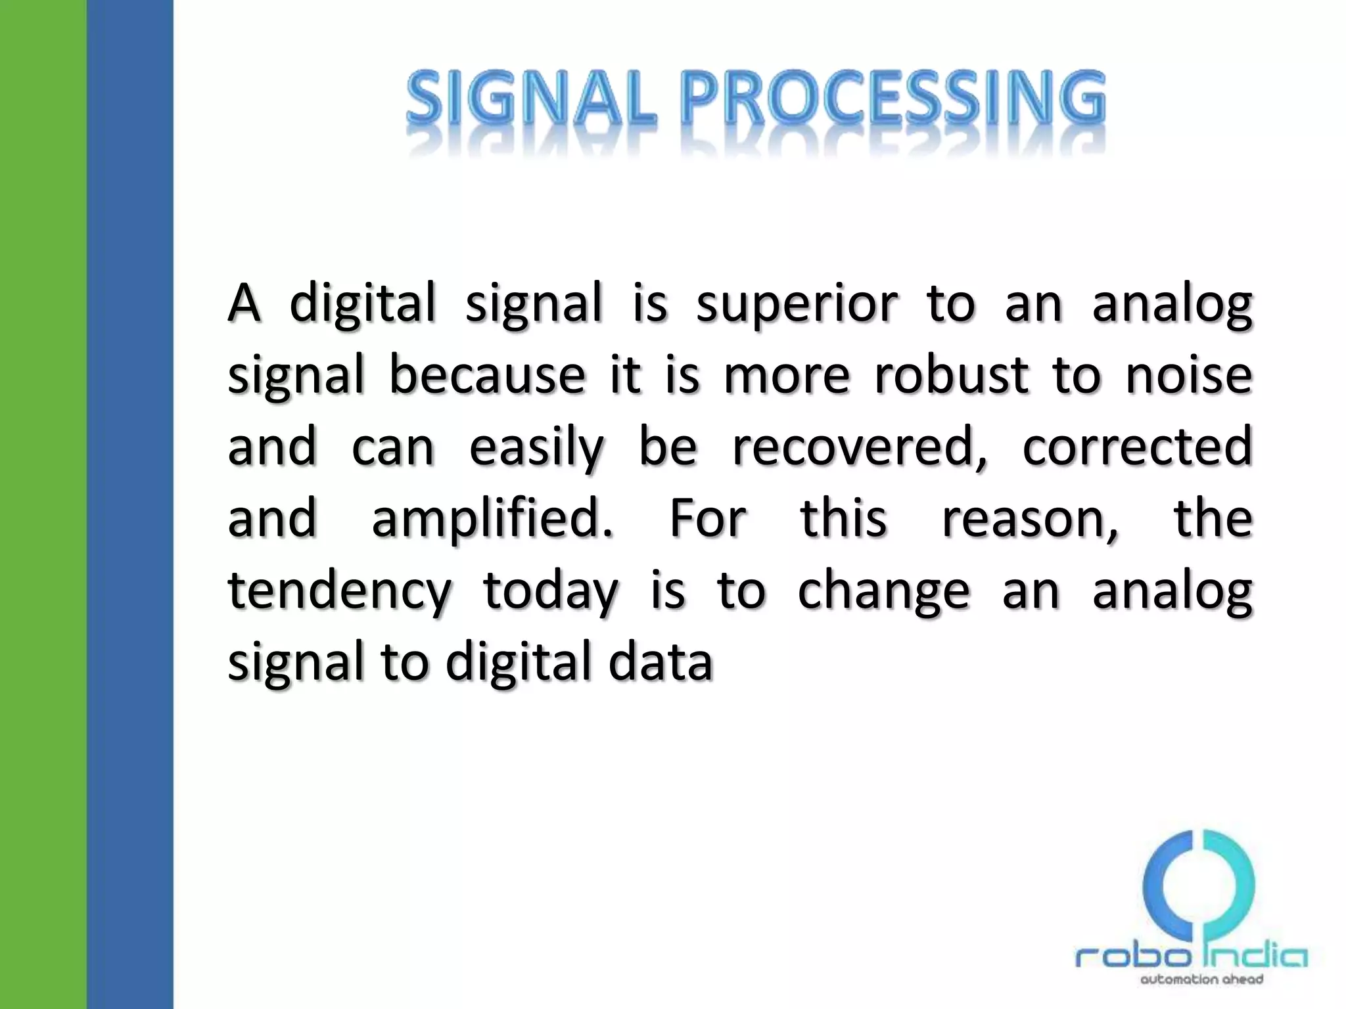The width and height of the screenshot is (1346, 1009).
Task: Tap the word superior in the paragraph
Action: click(797, 303)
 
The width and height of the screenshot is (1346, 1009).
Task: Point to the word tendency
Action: click(340, 591)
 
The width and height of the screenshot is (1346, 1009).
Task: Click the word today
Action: click(550, 591)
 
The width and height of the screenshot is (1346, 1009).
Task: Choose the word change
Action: click(883, 591)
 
